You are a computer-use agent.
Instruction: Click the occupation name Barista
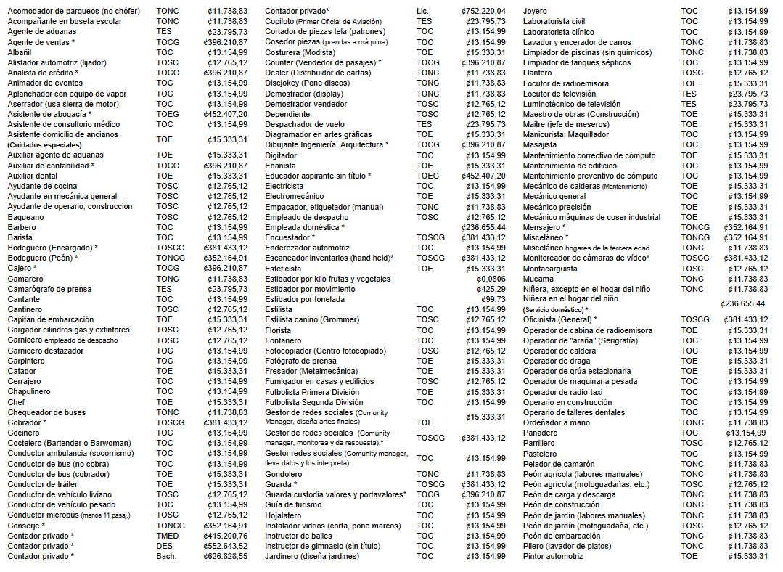click(x=20, y=237)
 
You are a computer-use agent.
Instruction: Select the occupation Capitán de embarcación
click(x=50, y=319)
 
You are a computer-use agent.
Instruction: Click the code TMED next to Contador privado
click(x=168, y=536)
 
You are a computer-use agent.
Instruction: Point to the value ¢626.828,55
click(x=226, y=556)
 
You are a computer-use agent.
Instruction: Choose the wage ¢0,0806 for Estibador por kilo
click(x=491, y=279)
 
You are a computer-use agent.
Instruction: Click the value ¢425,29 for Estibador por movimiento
click(x=493, y=289)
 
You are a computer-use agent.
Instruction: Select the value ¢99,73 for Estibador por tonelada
click(x=494, y=299)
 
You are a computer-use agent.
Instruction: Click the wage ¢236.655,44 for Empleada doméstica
click(x=483, y=227)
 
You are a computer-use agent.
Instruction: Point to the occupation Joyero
click(x=536, y=12)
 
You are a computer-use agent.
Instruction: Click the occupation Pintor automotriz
click(x=553, y=556)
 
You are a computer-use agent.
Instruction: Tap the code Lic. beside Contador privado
click(x=423, y=12)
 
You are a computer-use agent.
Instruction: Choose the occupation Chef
click(x=17, y=402)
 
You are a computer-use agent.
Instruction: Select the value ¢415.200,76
click(x=226, y=536)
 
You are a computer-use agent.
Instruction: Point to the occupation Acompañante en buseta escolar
click(x=65, y=22)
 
